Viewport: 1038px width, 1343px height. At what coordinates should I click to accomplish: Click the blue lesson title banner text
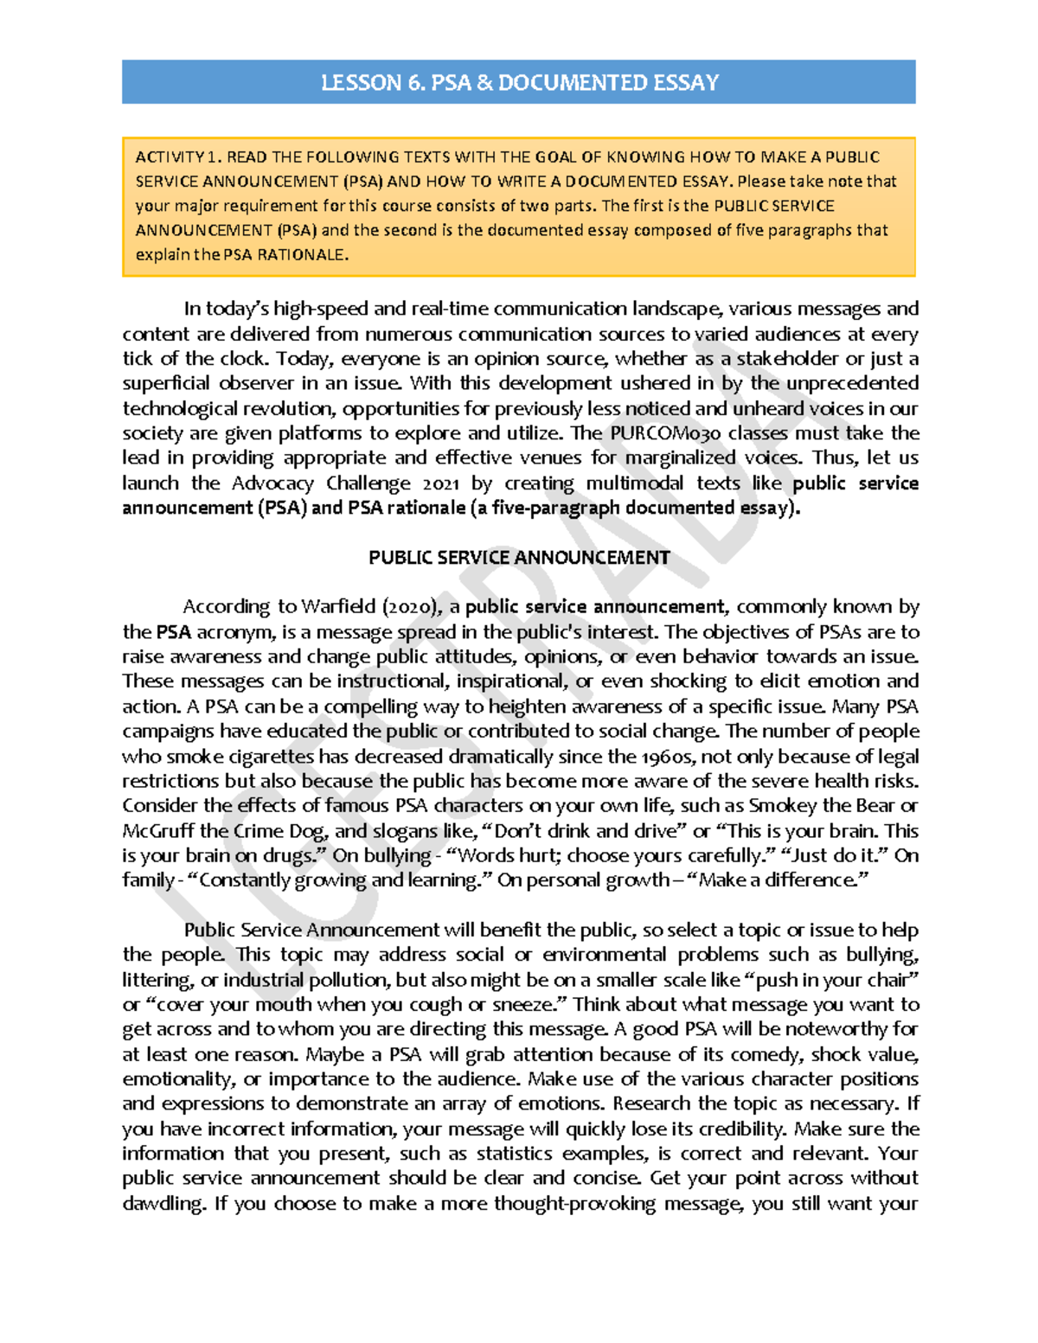click(x=519, y=82)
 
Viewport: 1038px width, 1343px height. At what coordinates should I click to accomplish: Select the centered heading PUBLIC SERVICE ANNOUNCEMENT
click(x=519, y=558)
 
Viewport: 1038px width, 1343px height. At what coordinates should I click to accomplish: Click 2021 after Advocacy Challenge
click(x=445, y=483)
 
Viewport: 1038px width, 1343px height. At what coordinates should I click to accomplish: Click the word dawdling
click(x=162, y=1204)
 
